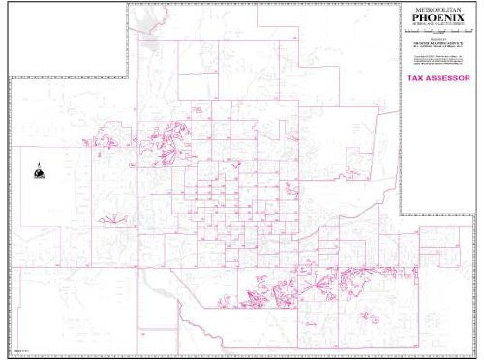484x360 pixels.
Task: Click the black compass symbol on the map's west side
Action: click(x=40, y=168)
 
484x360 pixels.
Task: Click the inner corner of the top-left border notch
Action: click(x=129, y=78)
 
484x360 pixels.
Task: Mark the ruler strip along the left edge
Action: click(x=8, y=213)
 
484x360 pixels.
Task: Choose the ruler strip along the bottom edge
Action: click(x=242, y=354)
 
